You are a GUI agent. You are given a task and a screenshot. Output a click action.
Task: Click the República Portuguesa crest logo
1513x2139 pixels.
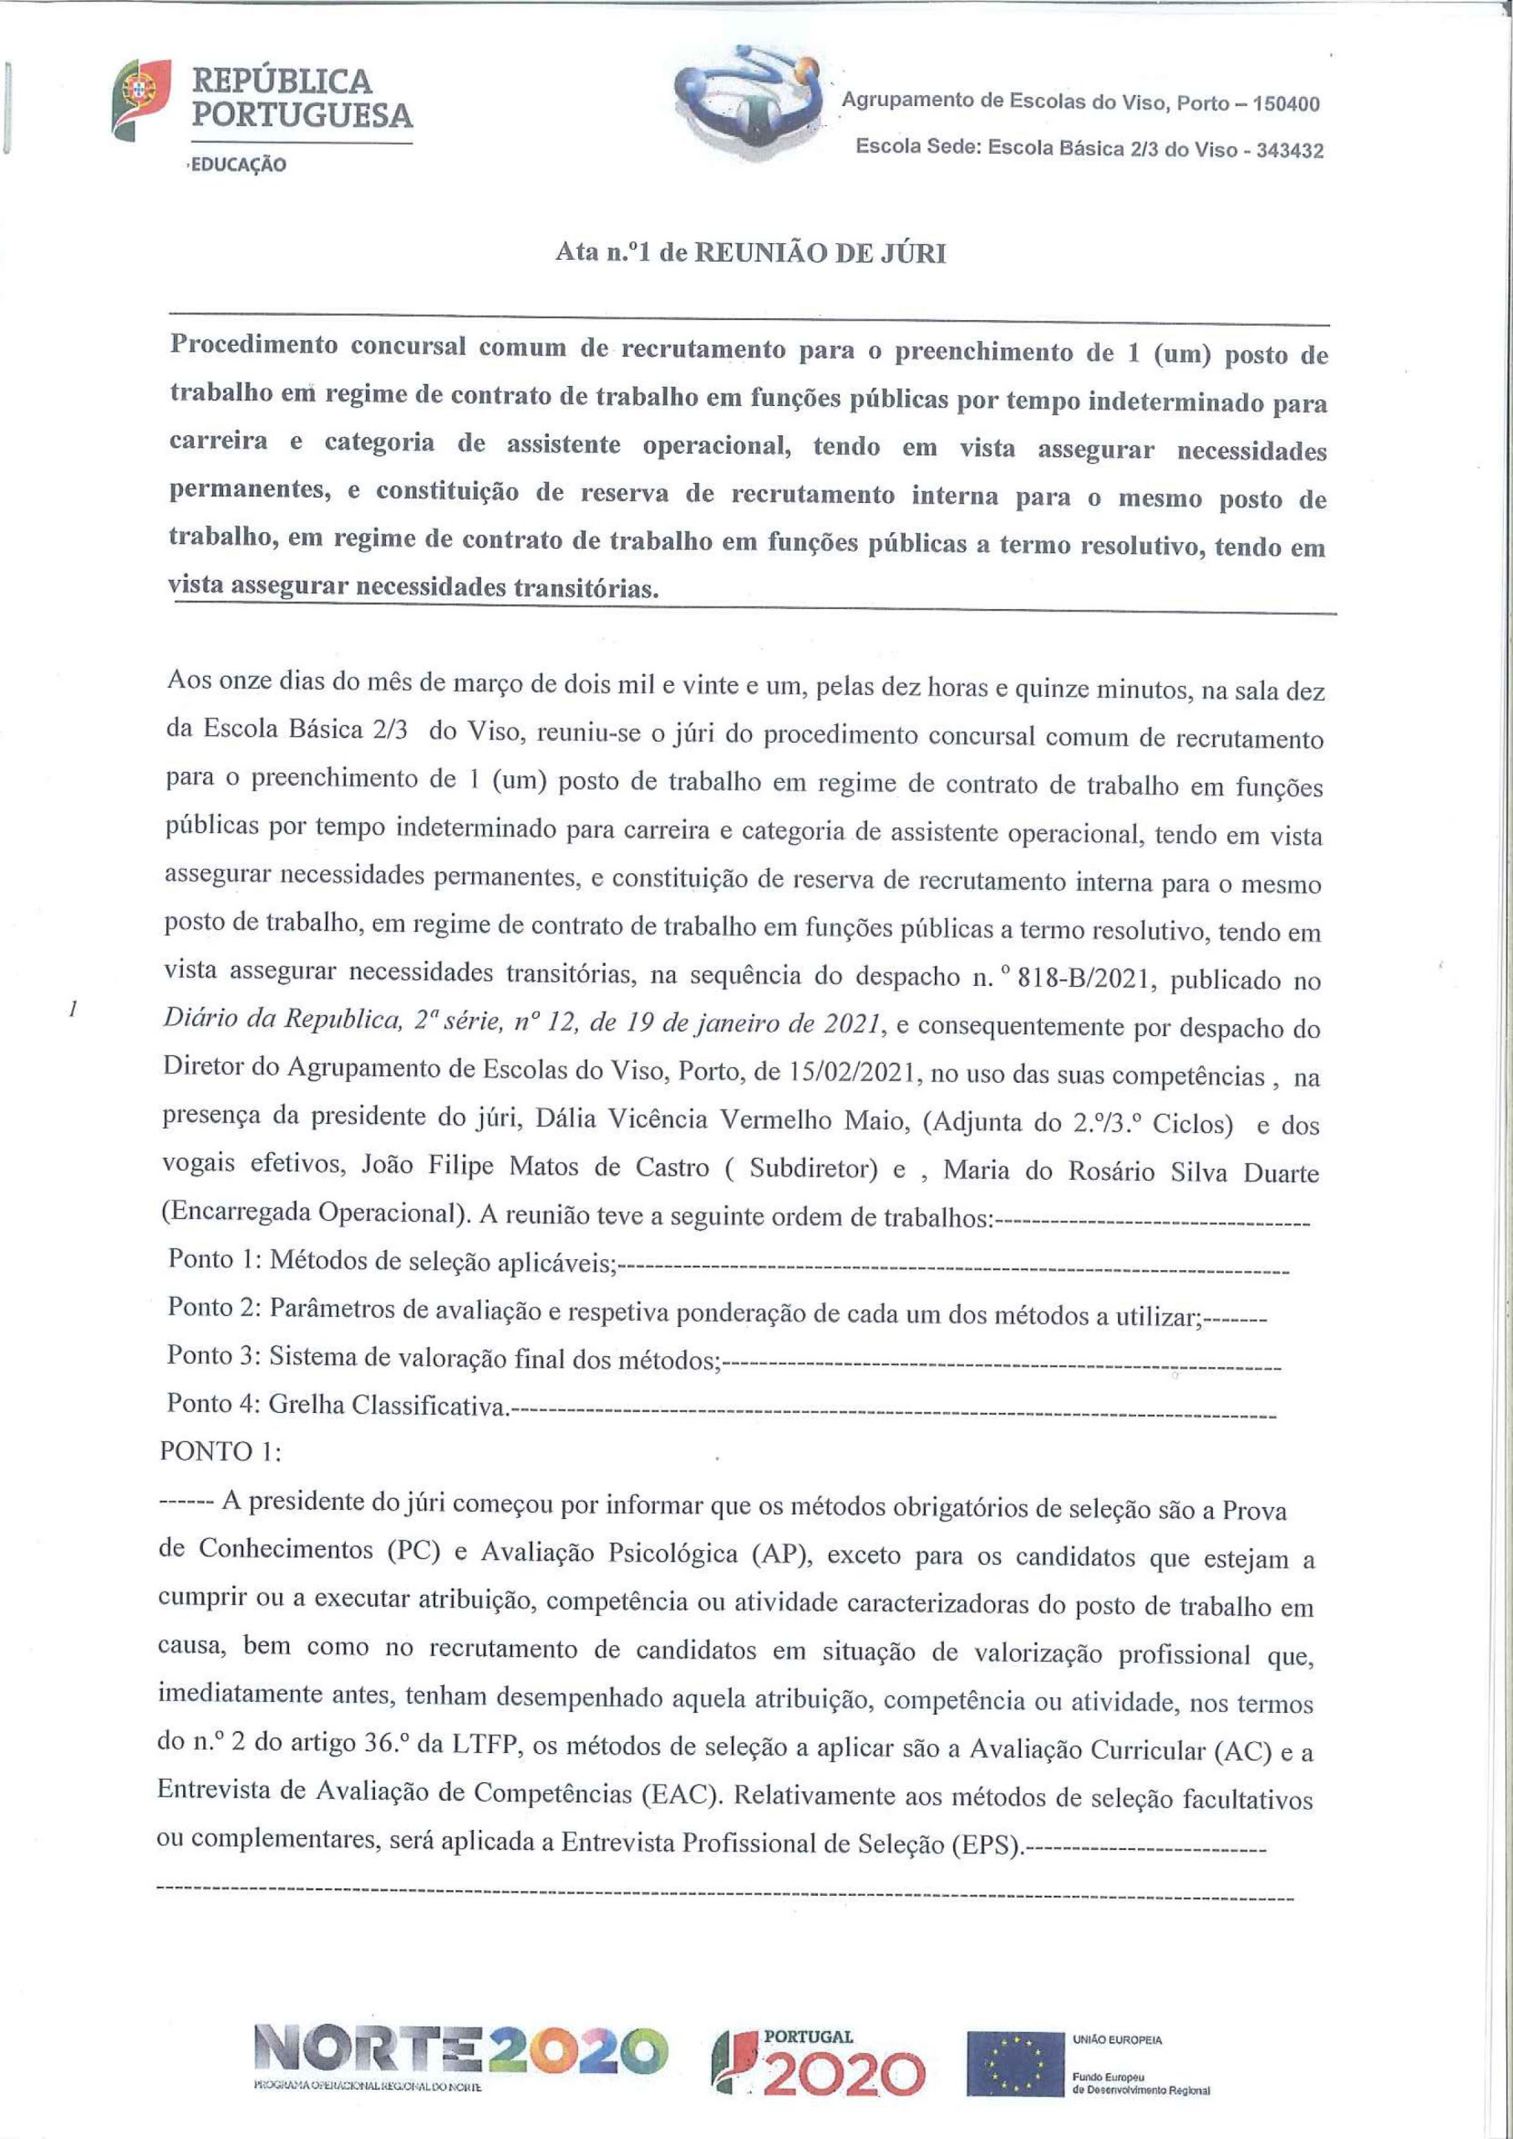click(x=140, y=98)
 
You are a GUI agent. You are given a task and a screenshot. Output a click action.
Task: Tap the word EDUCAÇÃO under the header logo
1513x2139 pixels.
click(x=237, y=165)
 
